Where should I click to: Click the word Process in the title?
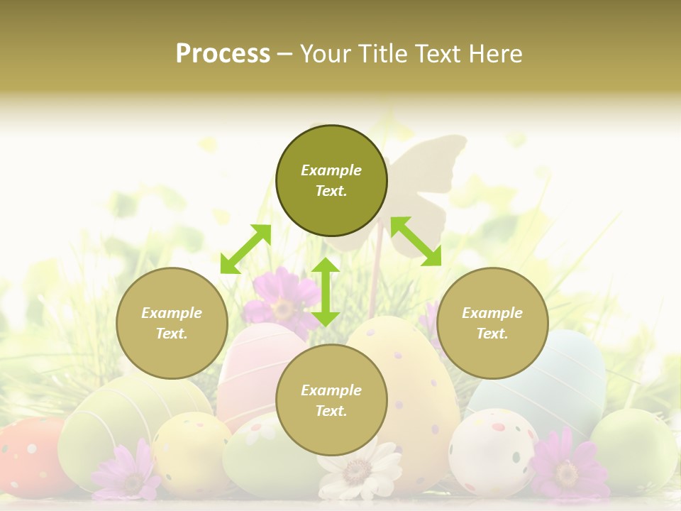pyautogui.click(x=223, y=54)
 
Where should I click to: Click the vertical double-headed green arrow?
pyautogui.click(x=326, y=292)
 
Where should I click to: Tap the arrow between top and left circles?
pyautogui.click(x=245, y=248)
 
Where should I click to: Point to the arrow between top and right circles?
pyautogui.click(x=416, y=241)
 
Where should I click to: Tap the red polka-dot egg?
pyautogui.click(x=28, y=454)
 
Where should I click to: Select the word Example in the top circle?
pyautogui.click(x=331, y=170)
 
